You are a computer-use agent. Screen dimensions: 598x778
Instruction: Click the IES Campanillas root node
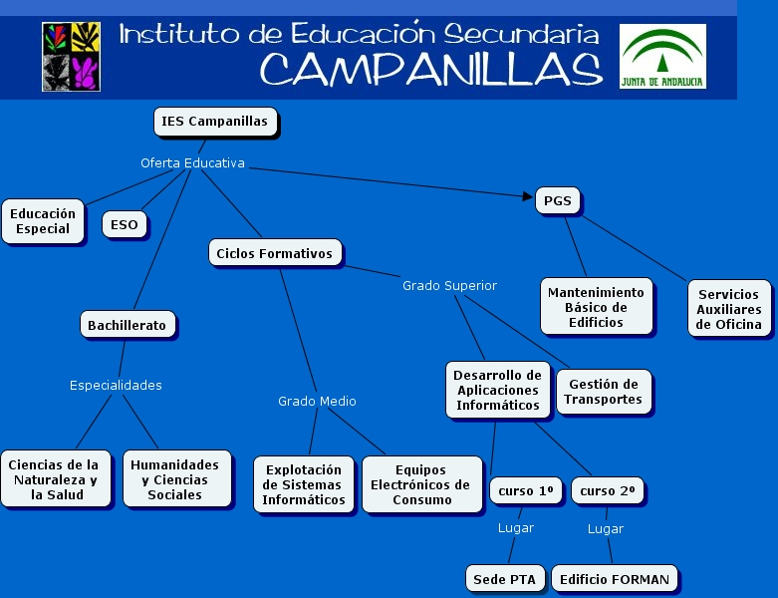214,122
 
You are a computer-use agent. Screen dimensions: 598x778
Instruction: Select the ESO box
125,224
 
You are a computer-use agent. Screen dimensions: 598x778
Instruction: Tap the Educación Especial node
43,221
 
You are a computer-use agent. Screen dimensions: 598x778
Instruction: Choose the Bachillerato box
127,325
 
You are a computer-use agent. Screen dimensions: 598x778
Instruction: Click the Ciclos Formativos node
274,253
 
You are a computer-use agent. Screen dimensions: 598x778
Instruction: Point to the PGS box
557,200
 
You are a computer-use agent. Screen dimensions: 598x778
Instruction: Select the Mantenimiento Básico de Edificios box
597,307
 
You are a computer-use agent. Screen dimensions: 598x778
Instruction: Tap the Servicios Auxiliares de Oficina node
728,309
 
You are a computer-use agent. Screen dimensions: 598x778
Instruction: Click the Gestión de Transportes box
603,392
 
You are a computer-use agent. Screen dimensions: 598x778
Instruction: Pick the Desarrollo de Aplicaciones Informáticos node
497,390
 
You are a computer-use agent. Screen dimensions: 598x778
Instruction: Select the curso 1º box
525,491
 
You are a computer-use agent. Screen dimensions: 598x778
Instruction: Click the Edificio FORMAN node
615,579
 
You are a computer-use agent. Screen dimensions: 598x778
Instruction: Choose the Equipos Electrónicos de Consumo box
421,484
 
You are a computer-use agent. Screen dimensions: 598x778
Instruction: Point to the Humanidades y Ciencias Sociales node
174,479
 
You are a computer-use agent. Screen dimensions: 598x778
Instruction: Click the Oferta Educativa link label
192,162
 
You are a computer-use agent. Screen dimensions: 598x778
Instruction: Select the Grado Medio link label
317,401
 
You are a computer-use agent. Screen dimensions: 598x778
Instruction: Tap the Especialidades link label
116,385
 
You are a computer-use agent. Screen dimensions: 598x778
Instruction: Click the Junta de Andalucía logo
662,56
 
